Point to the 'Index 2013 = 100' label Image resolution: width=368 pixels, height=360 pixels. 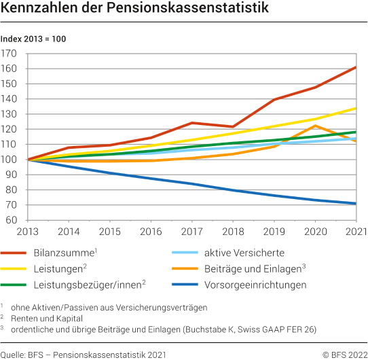pos(33,39)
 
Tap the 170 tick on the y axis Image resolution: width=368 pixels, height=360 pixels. pos(10,54)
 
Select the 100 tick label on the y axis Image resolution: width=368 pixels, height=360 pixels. pos(10,160)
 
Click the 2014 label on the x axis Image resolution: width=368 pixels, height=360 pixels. pos(69,232)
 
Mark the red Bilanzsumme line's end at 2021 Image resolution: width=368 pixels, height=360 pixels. pos(356,67)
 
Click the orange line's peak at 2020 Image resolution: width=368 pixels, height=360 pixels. pos(315,126)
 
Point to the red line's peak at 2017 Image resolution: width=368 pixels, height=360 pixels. pos(192,123)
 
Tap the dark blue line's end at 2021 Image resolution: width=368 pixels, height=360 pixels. pos(356,203)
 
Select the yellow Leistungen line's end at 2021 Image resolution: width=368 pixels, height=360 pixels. pos(356,108)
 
